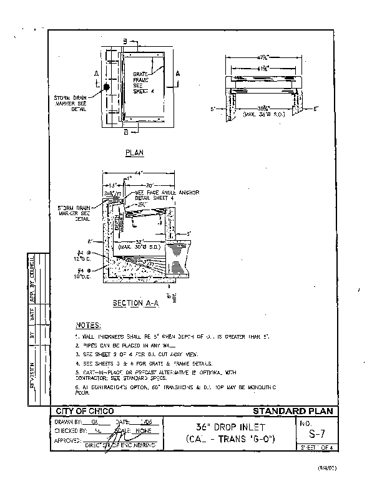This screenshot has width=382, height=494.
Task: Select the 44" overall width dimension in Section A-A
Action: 138,172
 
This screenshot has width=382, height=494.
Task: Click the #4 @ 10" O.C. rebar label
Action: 81,271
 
